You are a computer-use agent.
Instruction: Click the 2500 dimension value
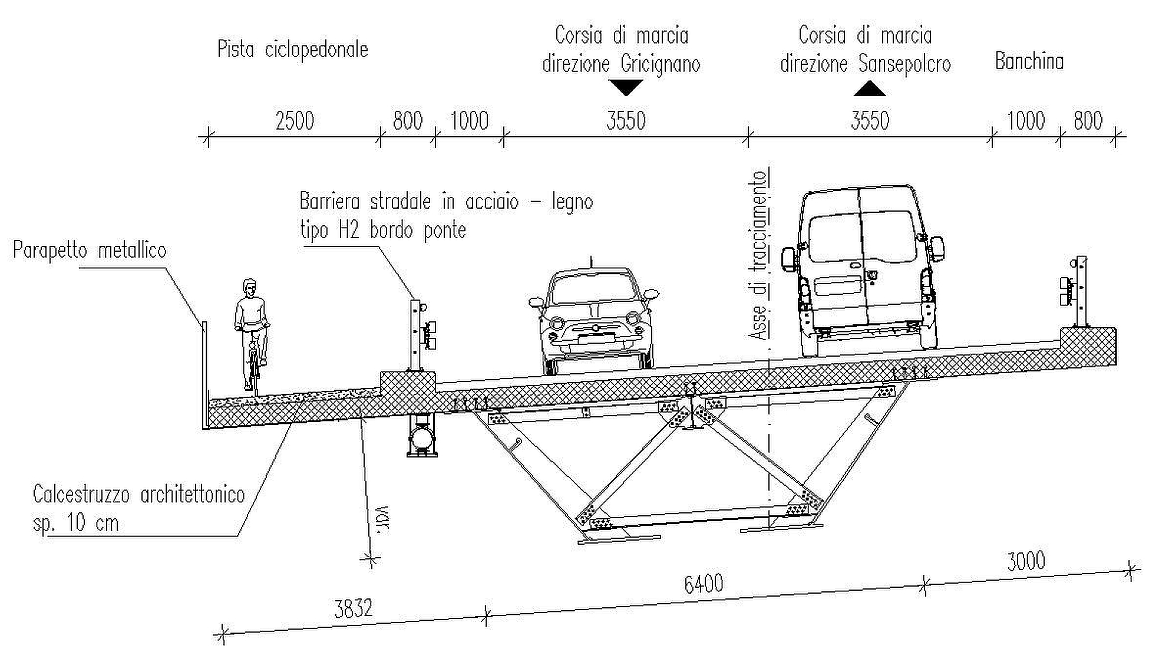tap(295, 121)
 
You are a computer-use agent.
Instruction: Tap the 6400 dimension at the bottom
tap(703, 584)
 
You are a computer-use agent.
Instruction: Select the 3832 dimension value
tap(354, 608)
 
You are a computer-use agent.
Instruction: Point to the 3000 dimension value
tap(1026, 561)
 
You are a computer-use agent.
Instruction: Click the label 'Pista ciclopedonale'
tap(293, 50)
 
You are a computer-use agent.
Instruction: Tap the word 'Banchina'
tap(1029, 61)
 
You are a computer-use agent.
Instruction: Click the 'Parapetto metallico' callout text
tap(90, 251)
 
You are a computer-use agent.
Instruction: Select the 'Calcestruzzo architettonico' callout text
tap(138, 494)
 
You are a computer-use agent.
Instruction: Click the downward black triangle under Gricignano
tap(626, 88)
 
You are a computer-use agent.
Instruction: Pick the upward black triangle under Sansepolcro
tap(870, 88)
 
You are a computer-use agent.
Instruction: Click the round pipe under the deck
tap(422, 438)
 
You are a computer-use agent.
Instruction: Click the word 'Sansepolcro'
tap(904, 64)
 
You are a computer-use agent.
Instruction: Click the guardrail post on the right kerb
tap(1081, 291)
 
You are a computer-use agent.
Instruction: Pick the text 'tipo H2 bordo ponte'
tap(383, 230)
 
